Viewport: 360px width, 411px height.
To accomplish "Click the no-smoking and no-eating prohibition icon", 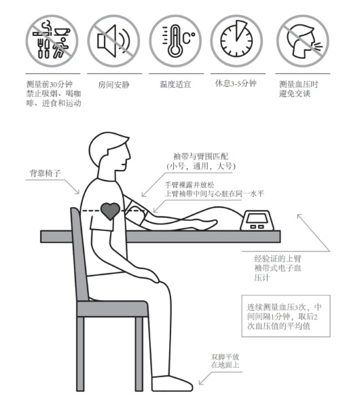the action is [52, 41].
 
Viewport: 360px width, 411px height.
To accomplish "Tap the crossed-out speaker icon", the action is [113, 41].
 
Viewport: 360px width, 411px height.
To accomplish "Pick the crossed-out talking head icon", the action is [303, 41].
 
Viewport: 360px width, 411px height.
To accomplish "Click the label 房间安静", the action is [113, 85].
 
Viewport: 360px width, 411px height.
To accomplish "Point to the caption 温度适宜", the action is [175, 84].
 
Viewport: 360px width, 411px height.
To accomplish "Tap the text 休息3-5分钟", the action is [236, 84].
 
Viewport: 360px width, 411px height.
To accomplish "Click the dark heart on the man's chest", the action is [110, 211].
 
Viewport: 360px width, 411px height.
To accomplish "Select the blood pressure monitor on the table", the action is [257, 220].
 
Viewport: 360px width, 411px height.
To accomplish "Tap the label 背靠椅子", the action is [45, 173].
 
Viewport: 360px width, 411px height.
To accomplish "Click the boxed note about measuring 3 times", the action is [285, 316].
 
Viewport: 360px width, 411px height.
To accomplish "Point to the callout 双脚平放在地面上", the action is [225, 361].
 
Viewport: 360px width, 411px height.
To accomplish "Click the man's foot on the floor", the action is [173, 384].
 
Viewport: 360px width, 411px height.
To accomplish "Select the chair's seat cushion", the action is [113, 308].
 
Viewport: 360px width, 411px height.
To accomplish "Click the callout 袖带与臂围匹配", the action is [201, 161].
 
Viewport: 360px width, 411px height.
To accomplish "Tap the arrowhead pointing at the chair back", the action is [77, 192].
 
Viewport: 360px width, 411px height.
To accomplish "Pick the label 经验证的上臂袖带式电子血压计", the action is [278, 268].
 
